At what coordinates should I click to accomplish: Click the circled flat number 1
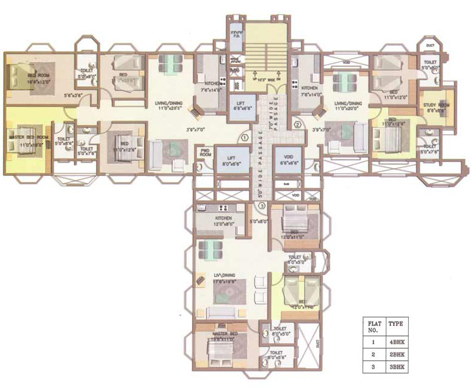[x=244, y=137]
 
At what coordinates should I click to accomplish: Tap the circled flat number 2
[x=296, y=125]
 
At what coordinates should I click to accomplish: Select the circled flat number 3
[x=261, y=206]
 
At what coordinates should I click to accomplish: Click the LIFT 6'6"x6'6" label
[x=235, y=110]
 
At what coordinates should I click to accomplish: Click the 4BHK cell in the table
[x=396, y=342]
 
